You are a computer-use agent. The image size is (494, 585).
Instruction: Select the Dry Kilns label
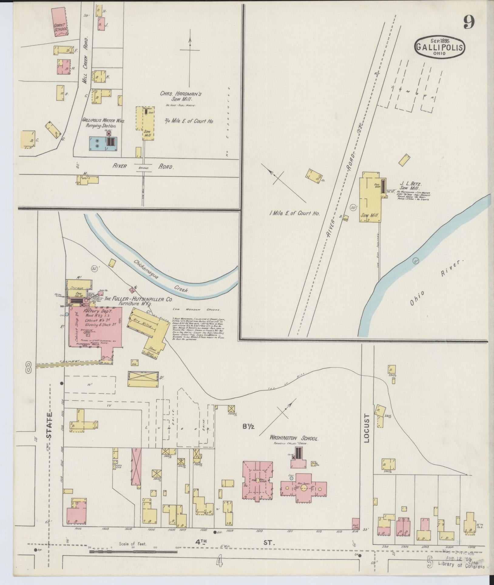140,323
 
